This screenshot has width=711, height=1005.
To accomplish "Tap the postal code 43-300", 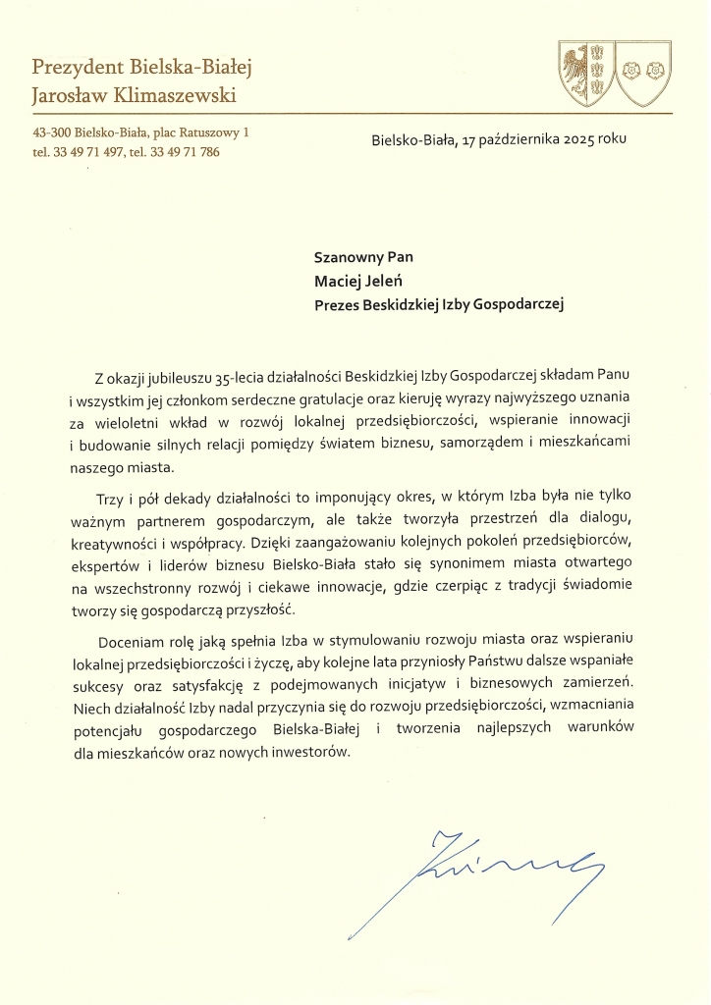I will click(x=51, y=131).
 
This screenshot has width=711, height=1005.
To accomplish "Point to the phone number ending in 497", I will click(x=95, y=152).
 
